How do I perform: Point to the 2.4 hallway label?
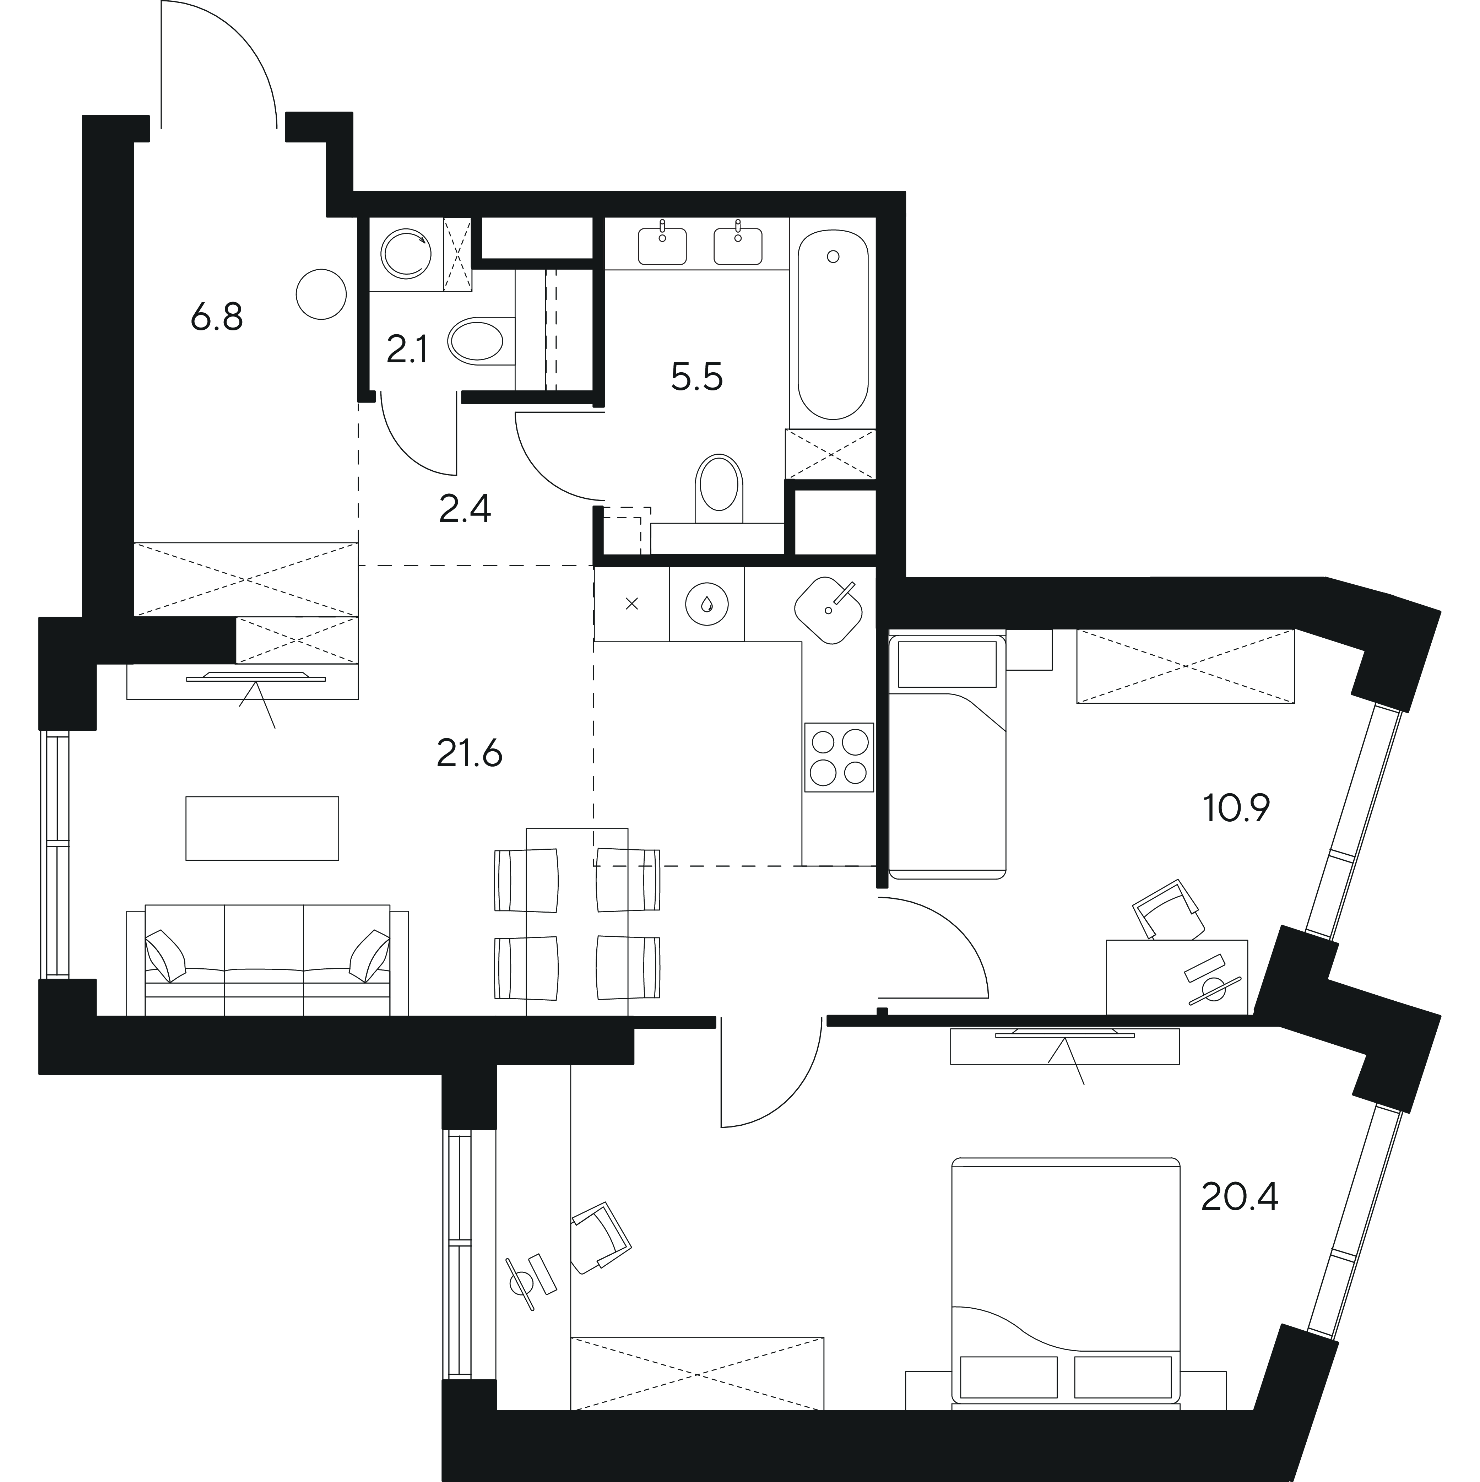[465, 508]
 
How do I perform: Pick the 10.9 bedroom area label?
[1237, 808]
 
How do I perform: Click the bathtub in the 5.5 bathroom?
[833, 325]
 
